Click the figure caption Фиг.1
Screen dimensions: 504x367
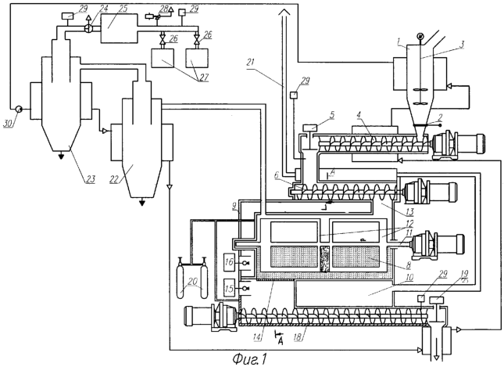click(249, 359)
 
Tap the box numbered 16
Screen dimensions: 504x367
click(229, 261)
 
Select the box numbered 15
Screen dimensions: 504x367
click(229, 288)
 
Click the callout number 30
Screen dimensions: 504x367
click(9, 124)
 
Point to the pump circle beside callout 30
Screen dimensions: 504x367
click(19, 110)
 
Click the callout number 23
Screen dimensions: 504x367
click(91, 178)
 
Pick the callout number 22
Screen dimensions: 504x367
click(114, 178)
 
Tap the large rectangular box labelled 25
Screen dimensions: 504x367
click(120, 28)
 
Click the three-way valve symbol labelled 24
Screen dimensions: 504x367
click(89, 28)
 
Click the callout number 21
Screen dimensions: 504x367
click(252, 63)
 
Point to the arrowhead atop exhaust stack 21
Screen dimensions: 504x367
click(284, 13)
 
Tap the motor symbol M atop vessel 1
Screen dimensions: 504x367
click(420, 36)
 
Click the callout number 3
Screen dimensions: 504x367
click(461, 45)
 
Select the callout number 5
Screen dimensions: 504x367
click(332, 115)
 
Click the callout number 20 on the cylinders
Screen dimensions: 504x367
click(192, 282)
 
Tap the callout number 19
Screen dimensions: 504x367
click(466, 274)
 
